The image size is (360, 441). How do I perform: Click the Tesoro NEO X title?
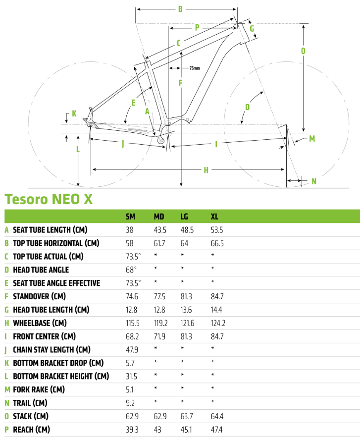48,199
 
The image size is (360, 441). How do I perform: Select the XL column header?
214,217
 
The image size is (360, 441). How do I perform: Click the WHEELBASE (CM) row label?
39,323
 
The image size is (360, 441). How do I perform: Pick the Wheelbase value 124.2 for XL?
218,323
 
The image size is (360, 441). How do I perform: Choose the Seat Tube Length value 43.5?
159,230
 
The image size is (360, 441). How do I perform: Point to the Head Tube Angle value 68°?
131,270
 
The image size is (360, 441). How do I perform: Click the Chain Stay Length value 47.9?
132,349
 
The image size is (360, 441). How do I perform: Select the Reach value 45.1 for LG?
186,429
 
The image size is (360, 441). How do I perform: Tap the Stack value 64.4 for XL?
217,416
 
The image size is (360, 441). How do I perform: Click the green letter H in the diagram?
206,170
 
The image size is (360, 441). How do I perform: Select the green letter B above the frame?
181,9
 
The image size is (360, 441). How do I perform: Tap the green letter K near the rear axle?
74,113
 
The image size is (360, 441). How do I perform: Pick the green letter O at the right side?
303,51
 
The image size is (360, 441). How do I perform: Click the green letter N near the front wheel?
313,181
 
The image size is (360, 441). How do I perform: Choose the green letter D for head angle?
247,107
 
